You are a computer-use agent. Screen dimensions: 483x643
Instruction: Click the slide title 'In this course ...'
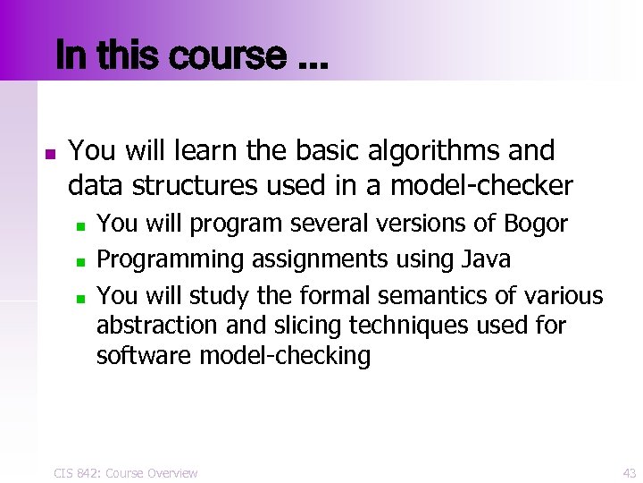pyautogui.click(x=191, y=56)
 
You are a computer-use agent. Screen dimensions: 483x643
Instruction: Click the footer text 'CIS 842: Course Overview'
pyautogui.click(x=124, y=472)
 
